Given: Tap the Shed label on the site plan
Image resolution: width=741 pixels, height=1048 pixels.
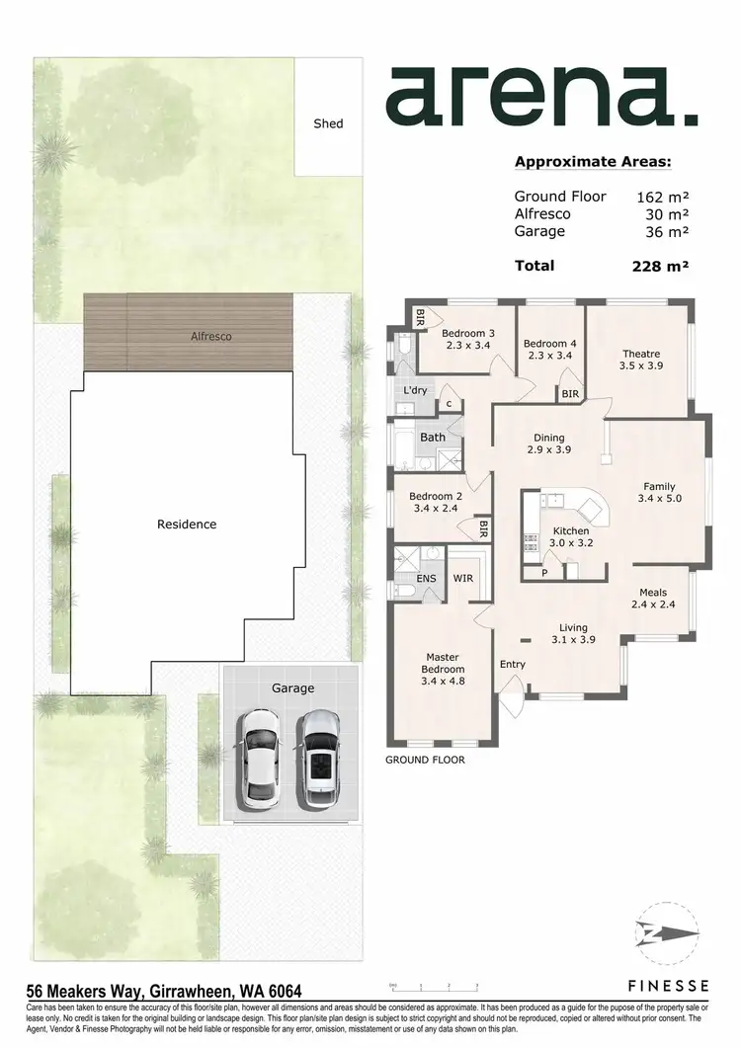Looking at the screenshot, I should (x=328, y=123).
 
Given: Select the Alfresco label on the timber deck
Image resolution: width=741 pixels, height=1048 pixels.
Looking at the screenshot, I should (x=211, y=336).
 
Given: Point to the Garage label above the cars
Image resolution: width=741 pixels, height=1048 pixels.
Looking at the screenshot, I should (x=292, y=687).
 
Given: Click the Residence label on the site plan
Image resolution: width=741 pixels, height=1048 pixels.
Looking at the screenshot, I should (x=187, y=524).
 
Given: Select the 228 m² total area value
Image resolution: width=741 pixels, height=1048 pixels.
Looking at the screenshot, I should (x=660, y=265).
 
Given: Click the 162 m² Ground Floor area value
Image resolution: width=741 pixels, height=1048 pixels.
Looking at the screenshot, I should (x=662, y=197).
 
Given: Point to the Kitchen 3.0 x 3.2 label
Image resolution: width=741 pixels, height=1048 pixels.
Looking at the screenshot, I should (x=570, y=536).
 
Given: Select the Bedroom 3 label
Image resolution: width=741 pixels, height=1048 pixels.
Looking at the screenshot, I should (x=467, y=339).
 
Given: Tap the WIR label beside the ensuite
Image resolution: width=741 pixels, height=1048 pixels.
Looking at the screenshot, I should (x=462, y=578).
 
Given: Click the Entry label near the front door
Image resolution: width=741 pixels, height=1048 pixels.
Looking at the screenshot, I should (x=513, y=664).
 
